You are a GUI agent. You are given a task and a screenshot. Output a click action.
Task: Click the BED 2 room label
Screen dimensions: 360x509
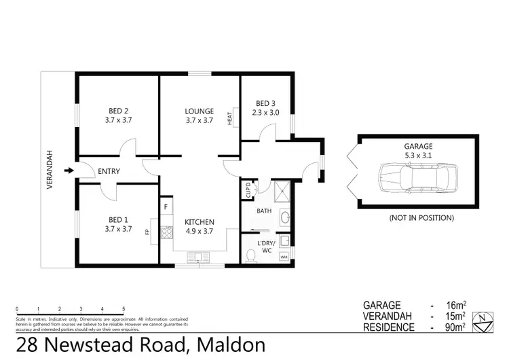point(119,111)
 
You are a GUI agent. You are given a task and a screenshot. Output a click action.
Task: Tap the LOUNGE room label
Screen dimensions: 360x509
point(200,111)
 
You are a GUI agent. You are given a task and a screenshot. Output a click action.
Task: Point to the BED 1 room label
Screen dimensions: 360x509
point(119,219)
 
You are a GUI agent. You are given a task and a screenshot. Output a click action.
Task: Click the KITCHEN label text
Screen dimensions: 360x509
point(200,222)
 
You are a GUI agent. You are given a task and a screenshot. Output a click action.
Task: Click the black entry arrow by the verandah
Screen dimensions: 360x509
point(68,171)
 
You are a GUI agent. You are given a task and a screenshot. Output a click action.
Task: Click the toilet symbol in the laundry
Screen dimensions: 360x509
point(252,254)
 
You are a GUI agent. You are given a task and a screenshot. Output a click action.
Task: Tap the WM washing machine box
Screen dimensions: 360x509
point(283,257)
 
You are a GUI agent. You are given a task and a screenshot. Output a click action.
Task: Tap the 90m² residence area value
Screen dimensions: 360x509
point(454,327)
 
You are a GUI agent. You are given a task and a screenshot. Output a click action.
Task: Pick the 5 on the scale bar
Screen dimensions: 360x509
point(123,309)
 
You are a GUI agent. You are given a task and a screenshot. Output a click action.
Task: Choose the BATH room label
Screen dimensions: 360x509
point(264,211)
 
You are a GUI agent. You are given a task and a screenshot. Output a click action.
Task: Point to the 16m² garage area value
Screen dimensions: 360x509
point(454,306)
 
